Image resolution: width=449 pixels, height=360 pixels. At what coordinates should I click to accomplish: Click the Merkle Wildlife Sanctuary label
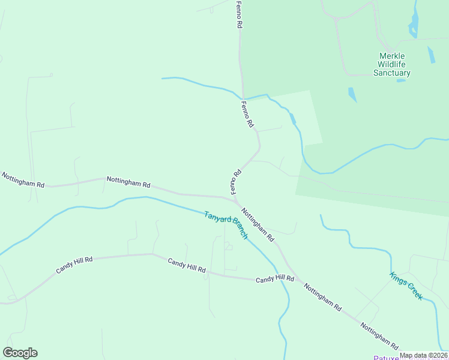pos(392,64)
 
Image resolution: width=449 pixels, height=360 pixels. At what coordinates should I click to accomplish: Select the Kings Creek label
pos(406,286)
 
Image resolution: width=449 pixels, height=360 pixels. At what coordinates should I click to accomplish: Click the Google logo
pos(20,353)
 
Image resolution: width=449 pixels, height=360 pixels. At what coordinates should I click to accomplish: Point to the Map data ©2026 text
pos(423,356)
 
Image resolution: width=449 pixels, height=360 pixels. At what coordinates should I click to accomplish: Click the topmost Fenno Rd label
pos(239,15)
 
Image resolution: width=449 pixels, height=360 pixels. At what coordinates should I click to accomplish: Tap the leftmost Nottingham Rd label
pos(23,180)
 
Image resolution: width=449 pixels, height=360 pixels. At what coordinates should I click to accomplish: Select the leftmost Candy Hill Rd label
pos(74,265)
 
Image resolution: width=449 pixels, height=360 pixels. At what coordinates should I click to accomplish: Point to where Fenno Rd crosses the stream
pos(243,98)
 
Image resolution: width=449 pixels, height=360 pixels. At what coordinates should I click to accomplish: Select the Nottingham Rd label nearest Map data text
pos(379,336)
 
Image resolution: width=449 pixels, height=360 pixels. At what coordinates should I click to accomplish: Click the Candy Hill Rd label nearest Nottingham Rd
pos(275,280)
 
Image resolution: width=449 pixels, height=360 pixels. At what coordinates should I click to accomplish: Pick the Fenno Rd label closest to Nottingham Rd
pos(235,181)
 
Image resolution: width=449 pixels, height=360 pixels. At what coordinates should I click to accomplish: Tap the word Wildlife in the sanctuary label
pos(392,64)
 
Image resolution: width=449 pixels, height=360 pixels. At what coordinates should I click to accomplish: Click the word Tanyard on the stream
pos(215,218)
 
